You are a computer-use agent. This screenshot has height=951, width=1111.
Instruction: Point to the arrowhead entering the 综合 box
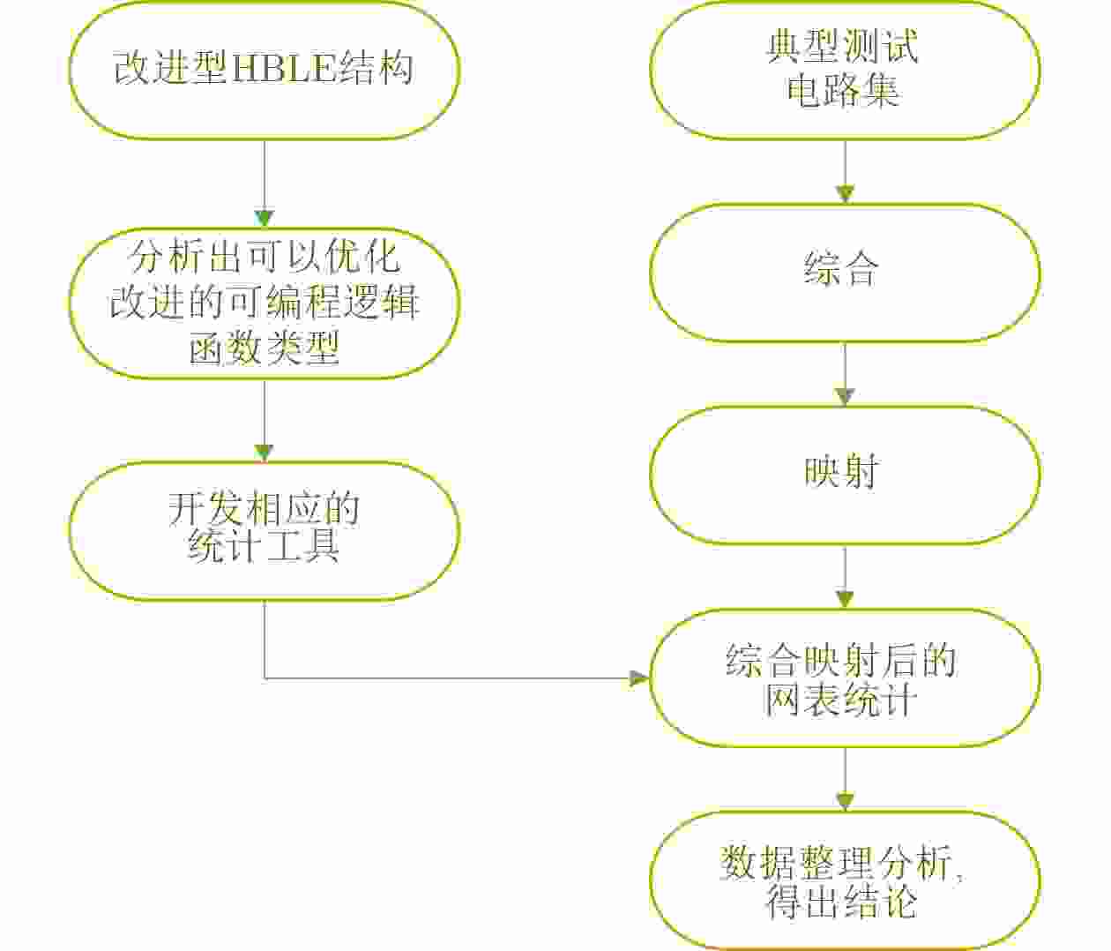pos(845,195)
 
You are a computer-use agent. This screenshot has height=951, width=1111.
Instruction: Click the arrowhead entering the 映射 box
pos(845,397)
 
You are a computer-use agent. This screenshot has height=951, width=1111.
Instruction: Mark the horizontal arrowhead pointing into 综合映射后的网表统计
pos(639,678)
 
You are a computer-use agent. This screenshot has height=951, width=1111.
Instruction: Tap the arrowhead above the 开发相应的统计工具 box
pos(264,452)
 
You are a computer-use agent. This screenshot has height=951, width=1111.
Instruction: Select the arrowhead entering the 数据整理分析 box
pos(845,802)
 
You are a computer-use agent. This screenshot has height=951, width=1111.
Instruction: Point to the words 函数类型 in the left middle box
pos(264,350)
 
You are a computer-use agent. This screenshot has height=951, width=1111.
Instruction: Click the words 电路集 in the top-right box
pos(844,91)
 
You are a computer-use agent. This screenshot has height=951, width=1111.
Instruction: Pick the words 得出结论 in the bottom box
pos(842,903)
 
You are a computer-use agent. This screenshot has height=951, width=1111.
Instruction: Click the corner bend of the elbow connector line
pos(265,678)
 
